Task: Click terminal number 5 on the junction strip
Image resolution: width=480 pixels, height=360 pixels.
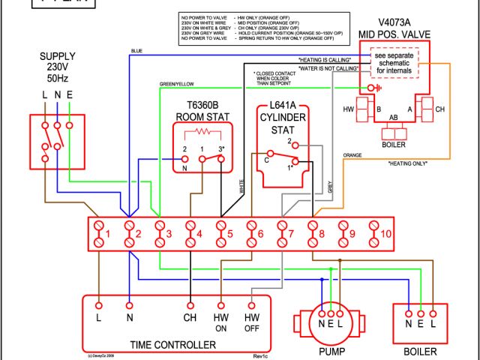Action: pyautogui.click(x=222, y=234)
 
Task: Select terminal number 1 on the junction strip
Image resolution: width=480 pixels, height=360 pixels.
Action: pyautogui.click(x=100, y=234)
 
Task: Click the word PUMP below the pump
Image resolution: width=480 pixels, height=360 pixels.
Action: pyautogui.click(x=331, y=349)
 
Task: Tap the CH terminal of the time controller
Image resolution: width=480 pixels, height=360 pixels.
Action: pyautogui.click(x=190, y=318)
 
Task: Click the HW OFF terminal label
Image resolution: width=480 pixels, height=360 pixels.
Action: pyautogui.click(x=253, y=322)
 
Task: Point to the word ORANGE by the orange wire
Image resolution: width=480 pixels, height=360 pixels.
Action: pyautogui.click(x=352, y=155)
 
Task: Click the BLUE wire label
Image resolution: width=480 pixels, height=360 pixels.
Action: pyautogui.click(x=136, y=51)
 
